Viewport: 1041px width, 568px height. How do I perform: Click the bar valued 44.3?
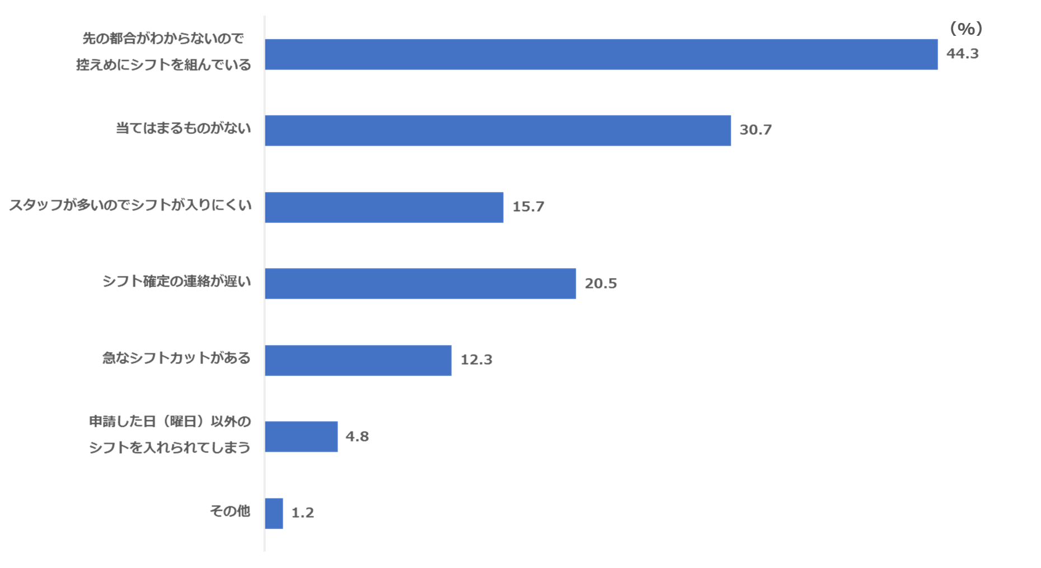[602, 54]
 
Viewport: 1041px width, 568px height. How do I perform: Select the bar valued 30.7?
[498, 131]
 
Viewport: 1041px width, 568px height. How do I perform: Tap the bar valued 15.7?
[384, 207]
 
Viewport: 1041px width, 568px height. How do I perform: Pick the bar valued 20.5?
[420, 283]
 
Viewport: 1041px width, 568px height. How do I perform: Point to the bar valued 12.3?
[358, 360]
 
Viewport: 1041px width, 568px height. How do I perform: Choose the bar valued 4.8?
[301, 436]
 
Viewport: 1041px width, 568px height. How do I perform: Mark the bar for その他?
[274, 513]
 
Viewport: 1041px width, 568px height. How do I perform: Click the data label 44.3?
[962, 54]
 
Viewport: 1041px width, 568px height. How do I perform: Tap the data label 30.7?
[755, 130]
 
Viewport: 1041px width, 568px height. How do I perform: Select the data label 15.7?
[528, 207]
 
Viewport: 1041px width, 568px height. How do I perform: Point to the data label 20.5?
[601, 283]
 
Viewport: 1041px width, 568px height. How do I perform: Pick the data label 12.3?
[476, 360]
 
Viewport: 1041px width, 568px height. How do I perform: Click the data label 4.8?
[357, 436]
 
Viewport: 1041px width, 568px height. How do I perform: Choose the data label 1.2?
[303, 513]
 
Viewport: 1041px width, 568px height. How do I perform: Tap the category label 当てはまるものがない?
[184, 128]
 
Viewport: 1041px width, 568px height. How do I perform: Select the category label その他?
[230, 511]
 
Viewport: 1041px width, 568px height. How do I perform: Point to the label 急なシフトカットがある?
[176, 358]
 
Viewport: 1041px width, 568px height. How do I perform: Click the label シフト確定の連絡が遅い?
[176, 281]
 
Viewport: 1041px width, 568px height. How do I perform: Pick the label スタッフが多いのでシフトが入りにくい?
[130, 205]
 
